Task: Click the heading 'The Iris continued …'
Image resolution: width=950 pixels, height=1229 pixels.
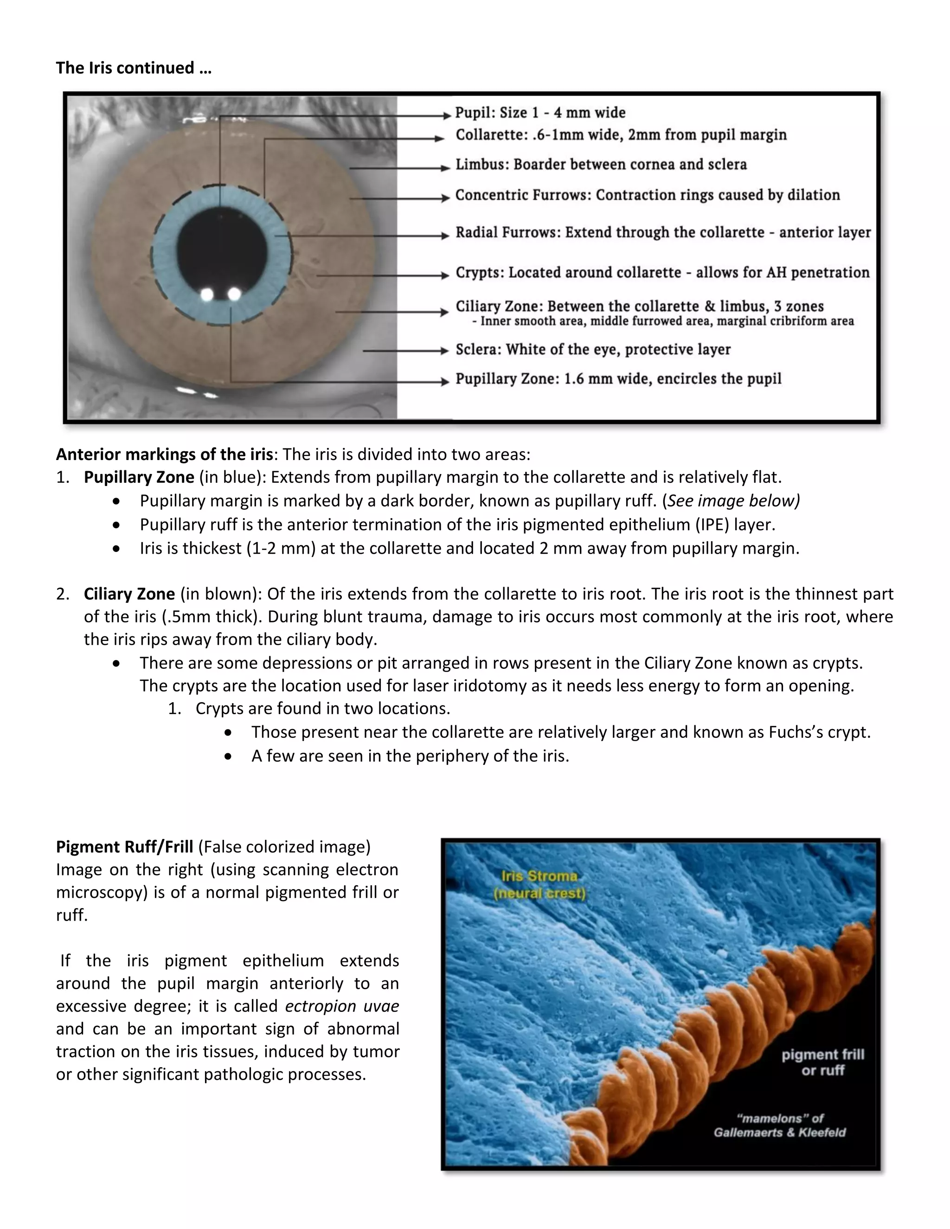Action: [134, 68]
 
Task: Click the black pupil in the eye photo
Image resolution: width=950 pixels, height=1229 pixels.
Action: [222, 248]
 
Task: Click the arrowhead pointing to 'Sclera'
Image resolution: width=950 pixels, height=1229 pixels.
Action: [444, 351]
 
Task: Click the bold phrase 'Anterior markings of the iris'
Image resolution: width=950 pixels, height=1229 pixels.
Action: [164, 454]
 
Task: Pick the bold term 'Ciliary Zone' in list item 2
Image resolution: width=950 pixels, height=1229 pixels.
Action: [129, 594]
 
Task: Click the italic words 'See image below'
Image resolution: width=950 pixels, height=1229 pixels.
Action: [732, 501]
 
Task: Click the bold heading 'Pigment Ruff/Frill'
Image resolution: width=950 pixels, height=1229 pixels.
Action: [124, 847]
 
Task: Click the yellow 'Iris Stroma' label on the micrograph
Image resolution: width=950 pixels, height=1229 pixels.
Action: [539, 876]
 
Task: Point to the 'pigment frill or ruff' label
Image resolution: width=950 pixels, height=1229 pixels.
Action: [822, 1063]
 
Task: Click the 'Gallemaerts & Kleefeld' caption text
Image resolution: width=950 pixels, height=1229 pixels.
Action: [779, 1132]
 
